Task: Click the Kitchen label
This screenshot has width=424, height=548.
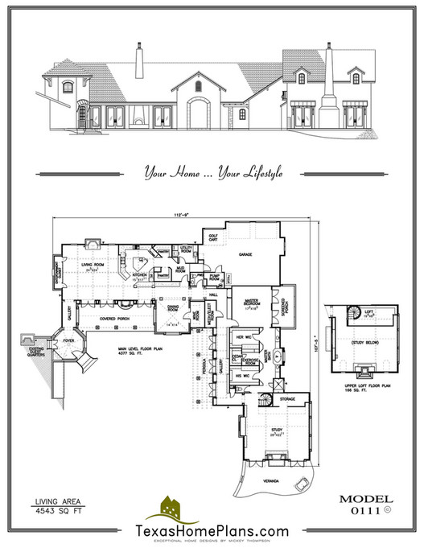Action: (139, 274)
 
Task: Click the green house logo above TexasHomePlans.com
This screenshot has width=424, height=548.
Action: (169, 508)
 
